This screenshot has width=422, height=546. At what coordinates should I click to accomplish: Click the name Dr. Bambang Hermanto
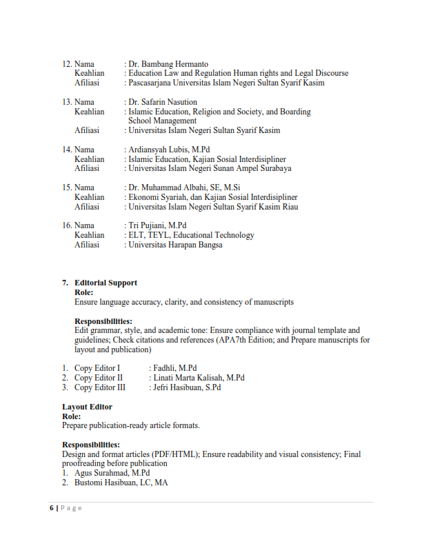click(x=168, y=64)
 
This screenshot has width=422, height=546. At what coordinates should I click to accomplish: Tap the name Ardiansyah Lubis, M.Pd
click(x=169, y=150)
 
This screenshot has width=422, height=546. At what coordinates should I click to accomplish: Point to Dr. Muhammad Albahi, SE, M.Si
click(x=184, y=188)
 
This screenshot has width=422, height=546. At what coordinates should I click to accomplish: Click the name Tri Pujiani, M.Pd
click(x=157, y=225)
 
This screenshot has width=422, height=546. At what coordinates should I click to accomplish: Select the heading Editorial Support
click(x=105, y=283)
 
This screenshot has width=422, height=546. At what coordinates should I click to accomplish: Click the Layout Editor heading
click(x=87, y=407)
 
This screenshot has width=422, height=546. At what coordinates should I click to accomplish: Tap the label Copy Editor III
click(x=100, y=387)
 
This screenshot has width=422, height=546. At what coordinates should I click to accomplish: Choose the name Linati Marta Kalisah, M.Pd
click(x=199, y=378)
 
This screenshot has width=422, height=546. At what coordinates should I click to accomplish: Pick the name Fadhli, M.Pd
click(x=175, y=368)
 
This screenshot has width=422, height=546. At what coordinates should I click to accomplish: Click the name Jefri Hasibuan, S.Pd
click(x=187, y=387)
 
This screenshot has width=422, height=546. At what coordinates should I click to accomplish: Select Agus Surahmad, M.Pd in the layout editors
click(x=112, y=473)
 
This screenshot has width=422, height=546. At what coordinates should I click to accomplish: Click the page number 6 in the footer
click(x=50, y=508)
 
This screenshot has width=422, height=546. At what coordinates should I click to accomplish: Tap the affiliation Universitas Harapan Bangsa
click(x=175, y=245)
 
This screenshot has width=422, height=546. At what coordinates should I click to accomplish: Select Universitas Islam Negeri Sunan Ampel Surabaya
click(x=210, y=168)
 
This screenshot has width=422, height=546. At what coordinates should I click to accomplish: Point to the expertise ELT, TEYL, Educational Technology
click(x=191, y=235)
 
